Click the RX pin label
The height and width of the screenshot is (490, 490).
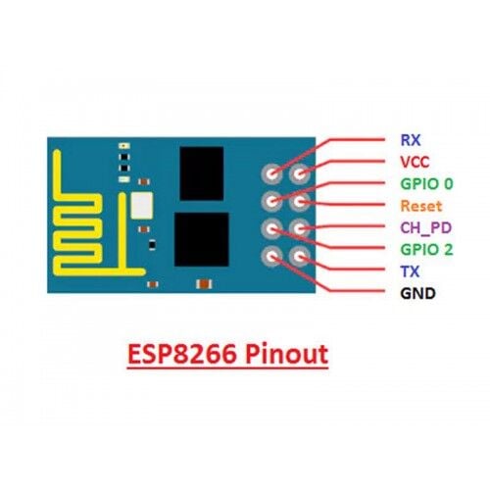pyautogui.click(x=411, y=140)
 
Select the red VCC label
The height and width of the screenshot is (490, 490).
pyautogui.click(x=415, y=162)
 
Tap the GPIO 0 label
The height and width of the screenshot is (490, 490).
pyautogui.click(x=426, y=183)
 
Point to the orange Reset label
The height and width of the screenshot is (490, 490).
pyautogui.click(x=421, y=206)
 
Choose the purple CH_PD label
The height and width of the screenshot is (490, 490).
pyautogui.click(x=426, y=227)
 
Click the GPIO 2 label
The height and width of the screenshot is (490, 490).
pyautogui.click(x=426, y=250)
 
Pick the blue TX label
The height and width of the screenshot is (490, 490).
pyautogui.click(x=410, y=271)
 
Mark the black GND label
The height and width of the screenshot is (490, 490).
pyautogui.click(x=417, y=293)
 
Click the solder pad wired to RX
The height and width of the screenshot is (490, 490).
pyautogui.click(x=271, y=173)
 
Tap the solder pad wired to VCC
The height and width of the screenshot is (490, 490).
pyautogui.click(x=300, y=173)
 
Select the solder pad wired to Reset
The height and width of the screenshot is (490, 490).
pyautogui.click(x=300, y=202)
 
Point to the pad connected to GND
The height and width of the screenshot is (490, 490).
pyautogui.click(x=271, y=257)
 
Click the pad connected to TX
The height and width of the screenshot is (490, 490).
pyautogui.click(x=300, y=257)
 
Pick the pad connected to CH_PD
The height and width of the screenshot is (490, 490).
pyautogui.click(x=300, y=228)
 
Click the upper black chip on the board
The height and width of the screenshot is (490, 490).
pyautogui.click(x=202, y=173)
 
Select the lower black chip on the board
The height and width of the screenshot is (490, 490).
pyautogui.click(x=202, y=239)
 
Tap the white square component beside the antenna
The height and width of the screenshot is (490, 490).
pyautogui.click(x=141, y=206)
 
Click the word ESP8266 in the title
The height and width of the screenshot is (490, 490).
pyautogui.click(x=182, y=354)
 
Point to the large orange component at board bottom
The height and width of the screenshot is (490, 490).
pyautogui.click(x=204, y=284)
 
